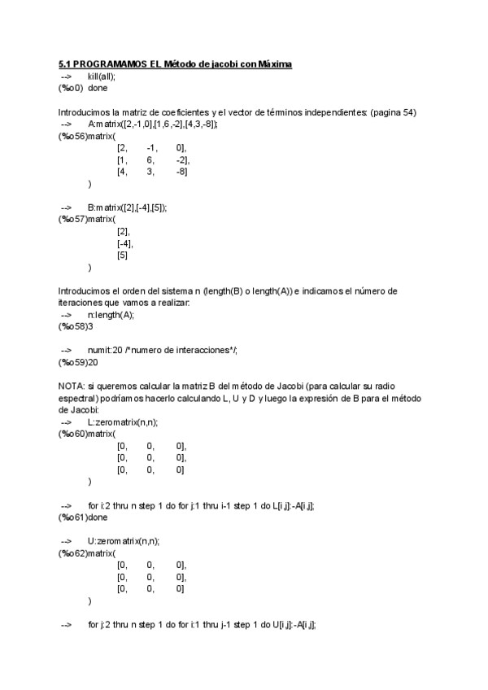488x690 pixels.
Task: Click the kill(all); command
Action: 107,76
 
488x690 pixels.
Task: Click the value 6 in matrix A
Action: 150,160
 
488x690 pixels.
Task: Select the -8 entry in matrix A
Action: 181,172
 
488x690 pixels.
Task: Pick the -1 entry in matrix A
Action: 151,148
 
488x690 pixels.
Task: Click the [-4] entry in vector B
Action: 124,243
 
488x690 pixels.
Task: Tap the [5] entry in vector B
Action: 122,255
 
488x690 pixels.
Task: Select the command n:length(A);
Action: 111,314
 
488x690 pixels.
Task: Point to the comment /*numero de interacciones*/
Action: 181,350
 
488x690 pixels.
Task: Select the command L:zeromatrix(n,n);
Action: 123,421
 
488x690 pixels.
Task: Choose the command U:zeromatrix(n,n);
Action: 124,541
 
